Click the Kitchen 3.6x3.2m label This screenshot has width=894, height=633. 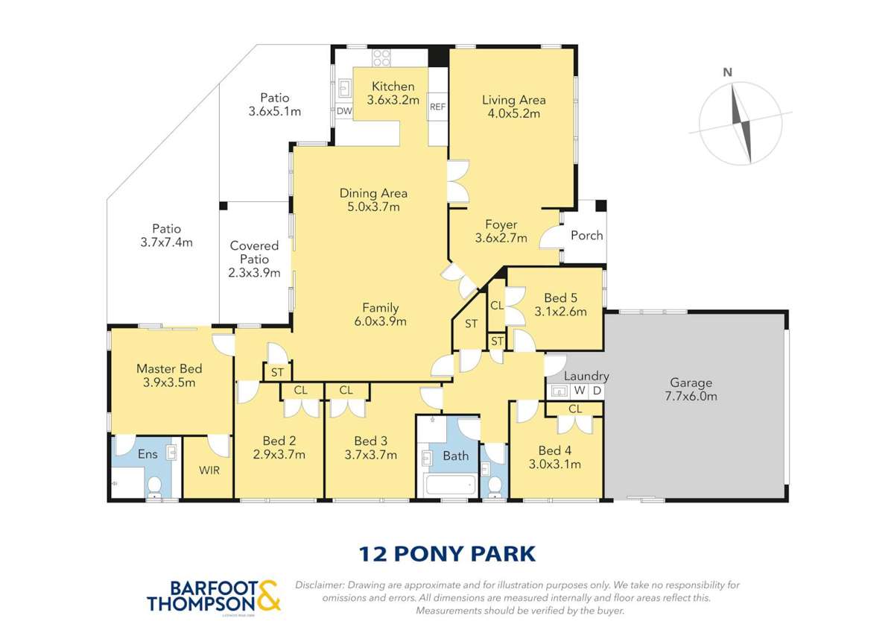pyautogui.click(x=393, y=92)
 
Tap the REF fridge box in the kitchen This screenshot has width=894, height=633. pyautogui.click(x=437, y=107)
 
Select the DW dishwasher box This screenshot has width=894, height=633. pyautogui.click(x=343, y=111)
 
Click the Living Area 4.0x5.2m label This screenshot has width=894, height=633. pyautogui.click(x=513, y=107)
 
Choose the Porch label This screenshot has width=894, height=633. pyautogui.click(x=586, y=236)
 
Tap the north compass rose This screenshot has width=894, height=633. pyautogui.click(x=740, y=123)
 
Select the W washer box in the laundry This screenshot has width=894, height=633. pyautogui.click(x=579, y=391)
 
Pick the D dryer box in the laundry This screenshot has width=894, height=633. pyautogui.click(x=596, y=391)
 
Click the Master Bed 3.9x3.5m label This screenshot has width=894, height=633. pyautogui.click(x=169, y=376)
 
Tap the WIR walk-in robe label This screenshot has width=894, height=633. pyautogui.click(x=209, y=470)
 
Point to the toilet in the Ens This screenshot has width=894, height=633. pyautogui.click(x=154, y=486)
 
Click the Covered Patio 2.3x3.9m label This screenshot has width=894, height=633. pyautogui.click(x=254, y=259)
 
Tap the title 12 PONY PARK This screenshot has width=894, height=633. pyautogui.click(x=447, y=554)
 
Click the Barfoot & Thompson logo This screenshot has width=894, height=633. pyautogui.click(x=213, y=596)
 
